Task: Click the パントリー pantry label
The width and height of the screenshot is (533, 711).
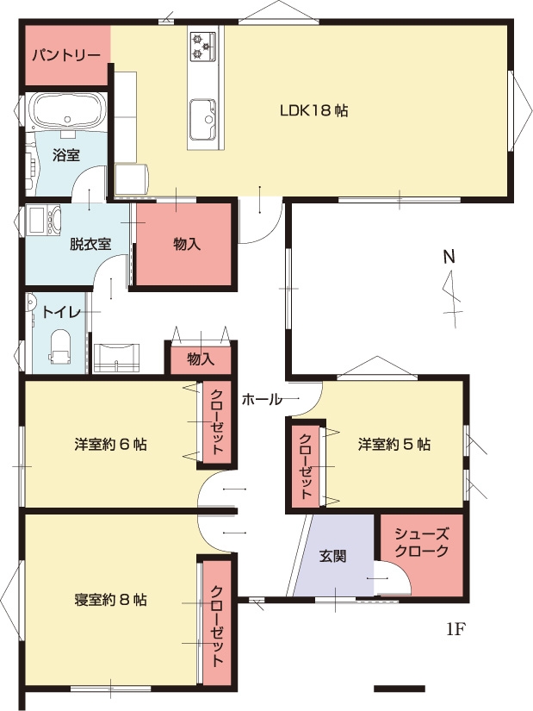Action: (66, 56)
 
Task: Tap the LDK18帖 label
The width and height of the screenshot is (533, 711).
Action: (313, 110)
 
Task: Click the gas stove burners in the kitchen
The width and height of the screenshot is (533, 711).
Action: (202, 46)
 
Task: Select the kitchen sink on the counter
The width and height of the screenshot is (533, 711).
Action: (202, 120)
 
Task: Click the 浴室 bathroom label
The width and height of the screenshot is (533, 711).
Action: (66, 155)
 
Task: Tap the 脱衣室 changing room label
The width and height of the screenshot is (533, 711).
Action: (90, 244)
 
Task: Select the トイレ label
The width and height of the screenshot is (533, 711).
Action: (61, 313)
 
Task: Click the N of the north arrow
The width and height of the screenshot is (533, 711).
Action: (449, 257)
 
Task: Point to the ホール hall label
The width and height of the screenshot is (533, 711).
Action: (262, 400)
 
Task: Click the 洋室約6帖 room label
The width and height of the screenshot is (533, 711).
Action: (110, 444)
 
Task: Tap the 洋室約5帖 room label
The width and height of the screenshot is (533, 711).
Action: (394, 444)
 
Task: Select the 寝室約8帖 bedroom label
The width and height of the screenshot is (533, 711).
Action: (110, 600)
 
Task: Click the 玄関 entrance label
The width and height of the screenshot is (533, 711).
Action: (333, 556)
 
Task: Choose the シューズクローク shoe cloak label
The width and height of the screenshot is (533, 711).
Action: (422, 542)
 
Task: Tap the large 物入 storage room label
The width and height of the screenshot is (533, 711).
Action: (187, 245)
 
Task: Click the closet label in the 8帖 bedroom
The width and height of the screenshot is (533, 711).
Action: (218, 627)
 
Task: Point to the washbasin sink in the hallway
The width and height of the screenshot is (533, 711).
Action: (117, 358)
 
